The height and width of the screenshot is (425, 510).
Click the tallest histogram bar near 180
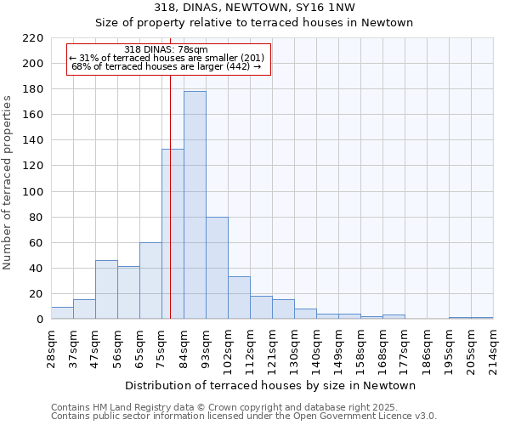point(195,205)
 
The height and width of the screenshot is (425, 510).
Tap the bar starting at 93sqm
point(217,268)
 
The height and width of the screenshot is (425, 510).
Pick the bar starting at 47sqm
point(106,290)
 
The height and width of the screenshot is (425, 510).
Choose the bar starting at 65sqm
point(150,280)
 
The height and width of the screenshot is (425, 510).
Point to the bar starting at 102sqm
point(239,297)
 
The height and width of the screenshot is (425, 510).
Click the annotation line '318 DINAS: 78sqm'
point(166,49)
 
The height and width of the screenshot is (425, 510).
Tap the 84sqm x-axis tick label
point(184,346)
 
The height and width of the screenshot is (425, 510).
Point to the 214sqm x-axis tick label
point(493,346)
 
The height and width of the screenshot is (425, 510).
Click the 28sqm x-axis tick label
point(51,346)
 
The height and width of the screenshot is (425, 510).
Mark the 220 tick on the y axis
point(33,38)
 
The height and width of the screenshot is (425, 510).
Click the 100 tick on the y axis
point(33,192)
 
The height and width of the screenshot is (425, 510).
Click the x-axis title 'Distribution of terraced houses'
point(272,385)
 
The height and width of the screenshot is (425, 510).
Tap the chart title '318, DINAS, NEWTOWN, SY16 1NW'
point(255,8)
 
